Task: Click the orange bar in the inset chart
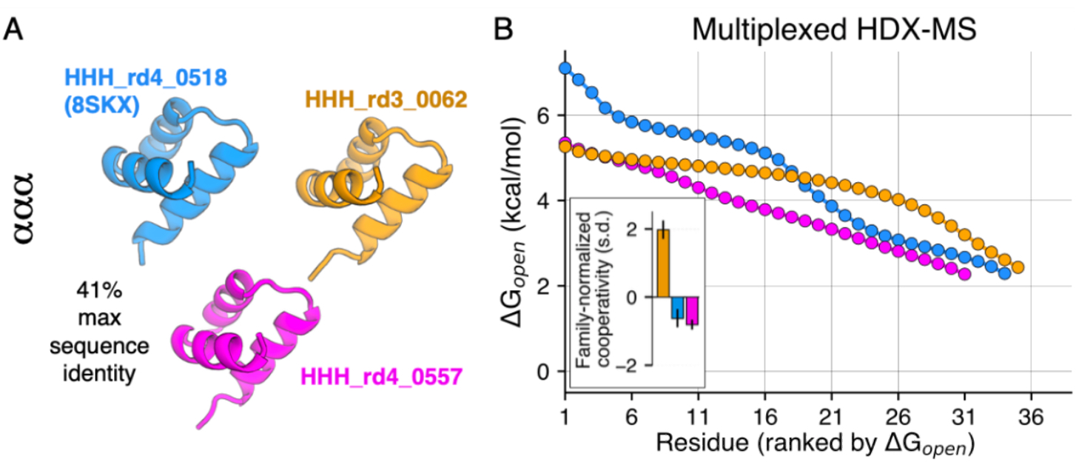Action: [663, 263]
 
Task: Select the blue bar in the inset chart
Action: [677, 308]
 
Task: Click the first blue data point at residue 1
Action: [565, 68]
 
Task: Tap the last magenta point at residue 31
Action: [964, 274]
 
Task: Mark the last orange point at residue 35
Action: [1018, 267]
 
